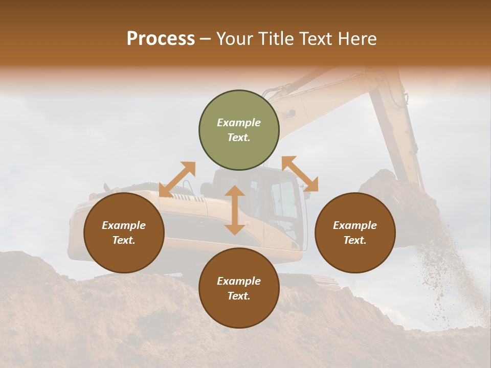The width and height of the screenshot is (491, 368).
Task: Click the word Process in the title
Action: pos(161,39)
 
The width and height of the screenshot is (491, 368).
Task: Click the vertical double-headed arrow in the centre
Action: pos(235,210)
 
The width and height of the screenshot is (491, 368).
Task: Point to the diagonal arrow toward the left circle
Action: pos(177,179)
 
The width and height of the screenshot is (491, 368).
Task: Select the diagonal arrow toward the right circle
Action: pos(300,174)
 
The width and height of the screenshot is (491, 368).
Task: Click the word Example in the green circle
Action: pos(239,123)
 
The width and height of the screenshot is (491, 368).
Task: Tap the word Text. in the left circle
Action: pos(124,240)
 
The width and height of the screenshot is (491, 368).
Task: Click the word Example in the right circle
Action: pos(355,225)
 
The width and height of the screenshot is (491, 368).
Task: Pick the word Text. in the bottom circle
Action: pos(239,296)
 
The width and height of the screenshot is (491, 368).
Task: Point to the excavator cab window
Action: pos(284,199)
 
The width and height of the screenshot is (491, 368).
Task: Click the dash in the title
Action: pos(206,39)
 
